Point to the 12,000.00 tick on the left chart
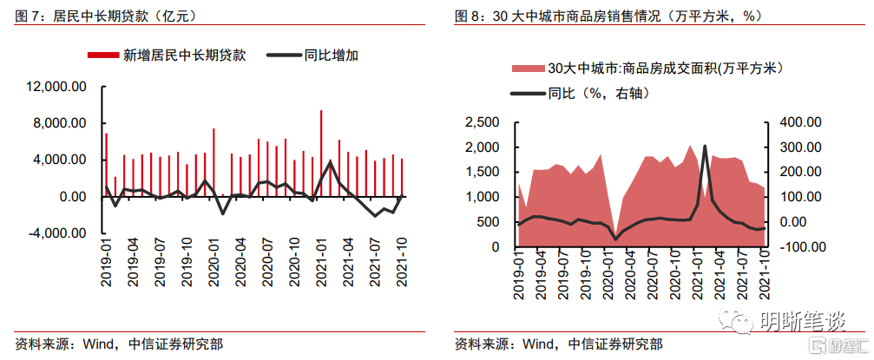point(57,87)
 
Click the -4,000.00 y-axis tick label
point(57,233)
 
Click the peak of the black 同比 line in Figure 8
point(705,146)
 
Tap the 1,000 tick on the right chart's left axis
point(483,197)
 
